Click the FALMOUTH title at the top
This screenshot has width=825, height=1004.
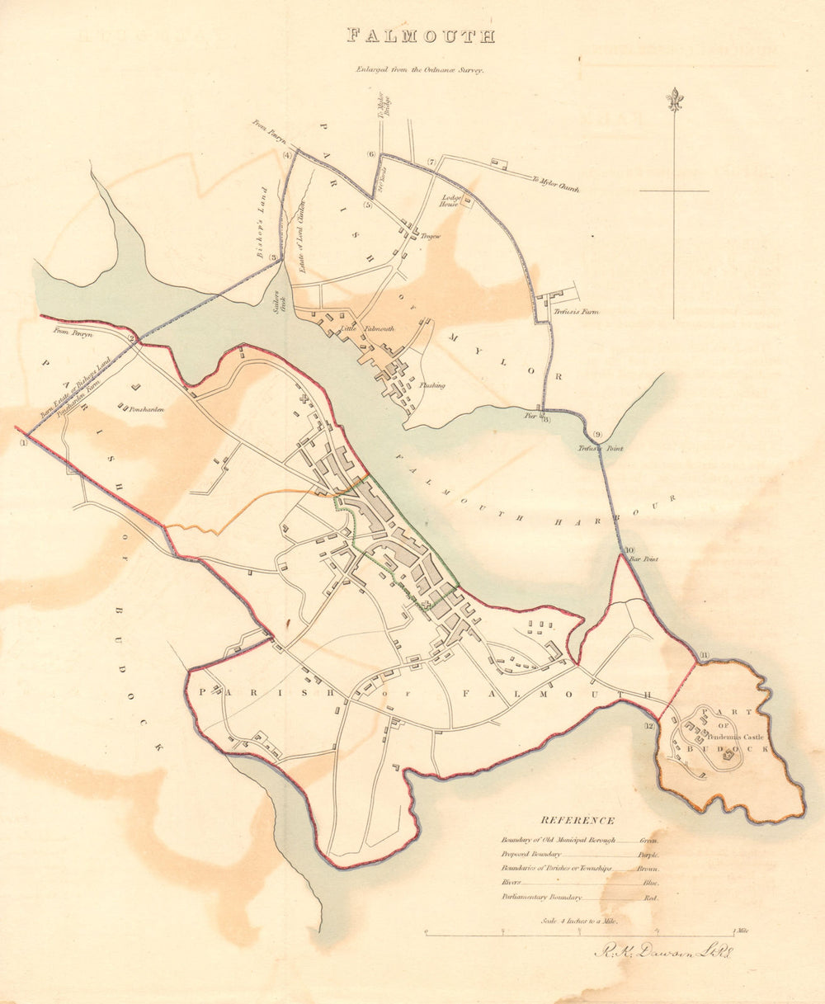click(421, 36)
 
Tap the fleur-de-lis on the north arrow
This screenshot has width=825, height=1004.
click(675, 99)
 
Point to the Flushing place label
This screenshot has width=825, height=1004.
click(433, 385)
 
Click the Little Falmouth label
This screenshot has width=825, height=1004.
click(375, 328)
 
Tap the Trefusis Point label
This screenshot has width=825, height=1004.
click(600, 448)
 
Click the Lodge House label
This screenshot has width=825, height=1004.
click(450, 200)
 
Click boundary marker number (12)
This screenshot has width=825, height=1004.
click(650, 725)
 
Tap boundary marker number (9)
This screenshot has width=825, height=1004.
click(597, 435)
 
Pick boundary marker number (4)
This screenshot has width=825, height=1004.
click(287, 155)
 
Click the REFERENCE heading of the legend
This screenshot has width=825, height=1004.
click(577, 820)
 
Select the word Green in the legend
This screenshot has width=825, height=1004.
click(648, 839)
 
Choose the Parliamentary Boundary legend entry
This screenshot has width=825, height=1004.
click(541, 897)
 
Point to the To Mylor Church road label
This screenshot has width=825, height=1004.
click(555, 183)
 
